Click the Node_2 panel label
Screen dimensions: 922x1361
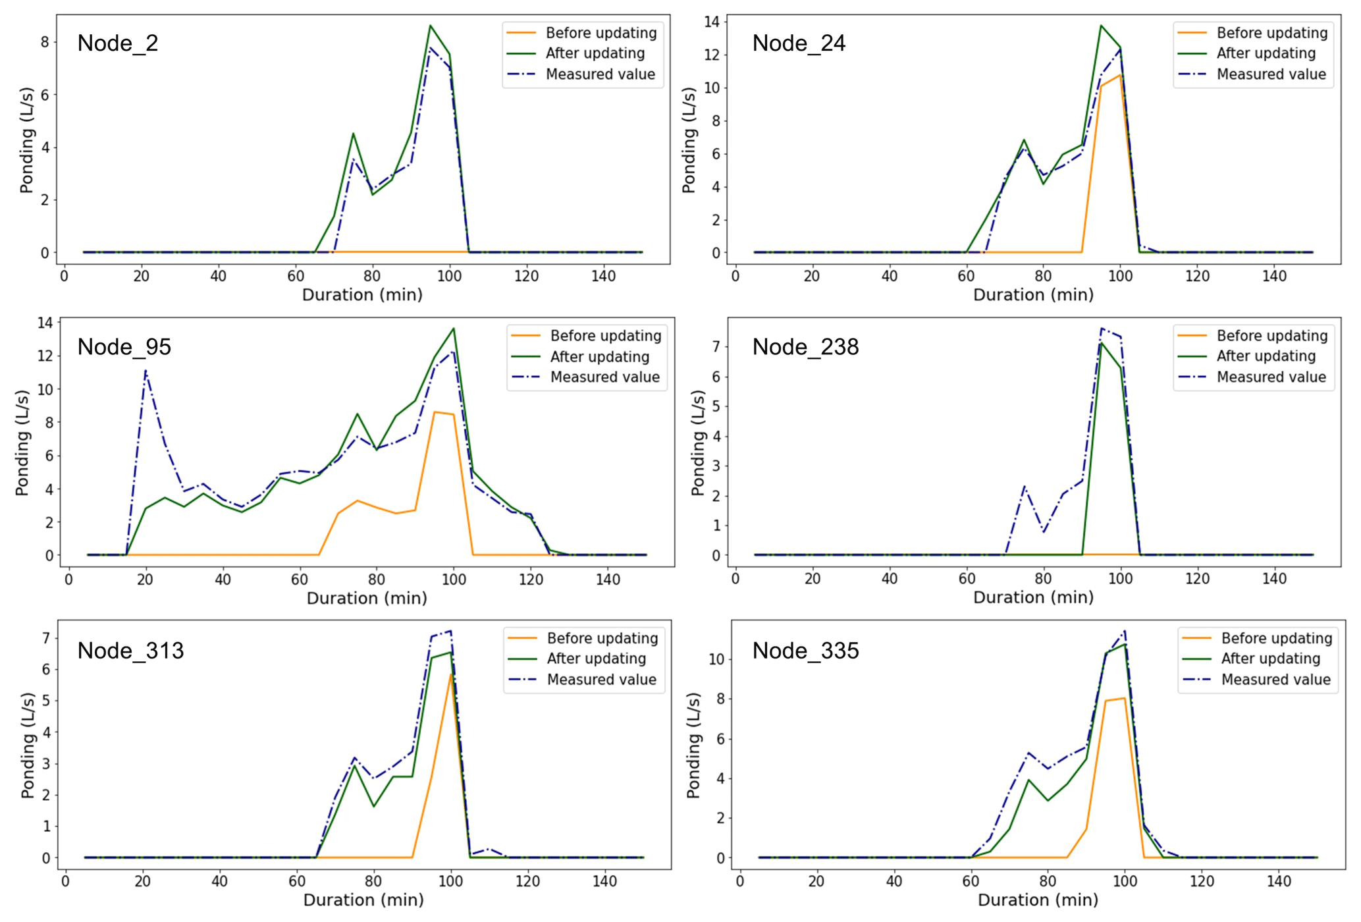coord(118,43)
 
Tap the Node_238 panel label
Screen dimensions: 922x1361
coord(805,347)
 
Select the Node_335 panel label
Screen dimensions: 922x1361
coord(805,651)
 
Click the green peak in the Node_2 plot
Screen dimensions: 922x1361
coord(430,26)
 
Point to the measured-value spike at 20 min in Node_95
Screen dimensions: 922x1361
coord(146,371)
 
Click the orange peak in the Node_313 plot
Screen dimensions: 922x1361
coord(451,674)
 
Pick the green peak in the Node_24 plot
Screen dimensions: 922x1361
coord(1101,26)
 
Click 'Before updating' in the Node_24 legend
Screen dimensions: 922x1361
coord(1271,33)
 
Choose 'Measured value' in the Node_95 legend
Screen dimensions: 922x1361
coord(604,377)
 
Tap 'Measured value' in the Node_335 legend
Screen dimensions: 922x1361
coord(1275,680)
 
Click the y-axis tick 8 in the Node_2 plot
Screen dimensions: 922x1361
coord(45,42)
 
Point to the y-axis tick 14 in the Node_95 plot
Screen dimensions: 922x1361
coord(45,323)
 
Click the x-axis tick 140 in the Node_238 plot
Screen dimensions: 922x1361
coord(1274,579)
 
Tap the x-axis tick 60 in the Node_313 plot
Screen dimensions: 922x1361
coord(297,881)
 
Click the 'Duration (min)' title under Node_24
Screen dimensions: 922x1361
coord(1033,294)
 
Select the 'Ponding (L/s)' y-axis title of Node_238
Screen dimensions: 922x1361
coord(698,442)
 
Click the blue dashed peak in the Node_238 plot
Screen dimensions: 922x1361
coord(1102,329)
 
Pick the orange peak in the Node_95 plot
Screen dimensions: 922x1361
coord(435,412)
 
